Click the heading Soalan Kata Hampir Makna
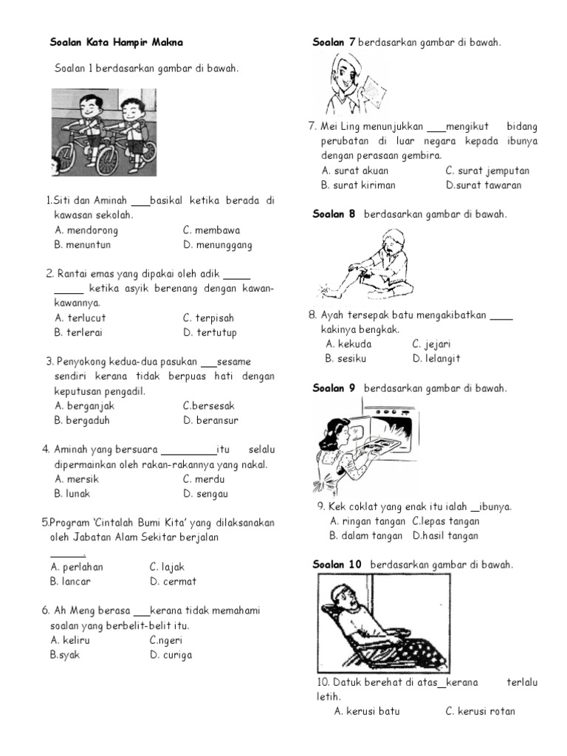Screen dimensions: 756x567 click(116, 43)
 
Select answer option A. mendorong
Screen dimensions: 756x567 click(86, 230)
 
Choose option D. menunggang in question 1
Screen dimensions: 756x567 click(218, 244)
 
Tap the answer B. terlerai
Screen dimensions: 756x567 click(78, 332)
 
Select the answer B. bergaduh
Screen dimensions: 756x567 click(83, 420)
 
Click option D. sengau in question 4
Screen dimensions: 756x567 click(206, 493)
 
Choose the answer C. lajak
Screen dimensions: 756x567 click(167, 567)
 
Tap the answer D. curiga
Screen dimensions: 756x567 click(171, 654)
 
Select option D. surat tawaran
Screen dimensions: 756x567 click(484, 185)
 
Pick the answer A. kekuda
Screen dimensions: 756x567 click(348, 344)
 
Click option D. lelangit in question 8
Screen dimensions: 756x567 click(436, 358)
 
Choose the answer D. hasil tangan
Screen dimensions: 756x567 click(445, 536)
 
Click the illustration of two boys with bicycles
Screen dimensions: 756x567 click(103, 132)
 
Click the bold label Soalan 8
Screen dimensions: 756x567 click(334, 214)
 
